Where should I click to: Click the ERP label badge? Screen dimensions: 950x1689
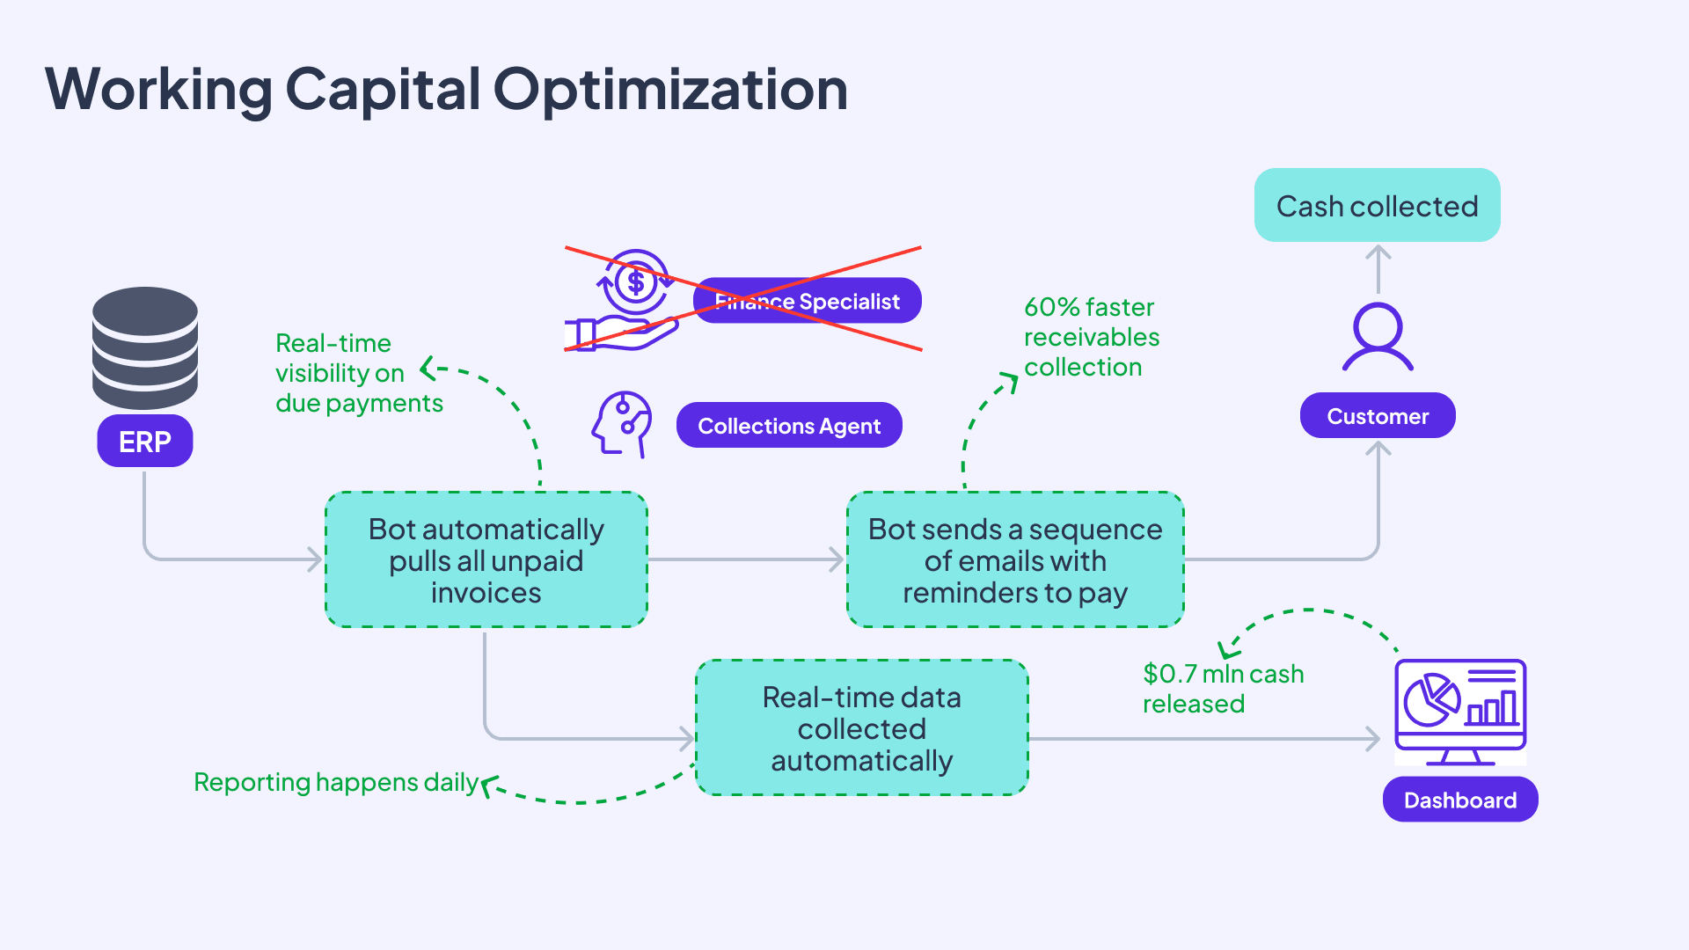[x=144, y=441]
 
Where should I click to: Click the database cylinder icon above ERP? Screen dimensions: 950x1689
[x=144, y=347]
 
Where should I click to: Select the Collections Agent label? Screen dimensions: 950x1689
[x=788, y=426]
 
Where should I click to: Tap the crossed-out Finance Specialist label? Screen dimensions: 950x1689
[x=807, y=302]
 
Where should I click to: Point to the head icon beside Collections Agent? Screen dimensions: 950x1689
[x=623, y=424]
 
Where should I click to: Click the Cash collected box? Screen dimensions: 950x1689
[x=1377, y=206]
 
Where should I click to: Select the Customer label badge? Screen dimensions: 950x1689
[x=1377, y=416]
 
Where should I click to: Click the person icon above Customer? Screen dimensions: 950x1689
[x=1377, y=337]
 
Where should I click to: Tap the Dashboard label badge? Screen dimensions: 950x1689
[x=1459, y=800]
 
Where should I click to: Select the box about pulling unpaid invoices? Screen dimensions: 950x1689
[x=486, y=560]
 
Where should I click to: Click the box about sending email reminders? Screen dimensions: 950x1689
[x=1014, y=560]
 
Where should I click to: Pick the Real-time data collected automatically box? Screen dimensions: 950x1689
[x=861, y=728]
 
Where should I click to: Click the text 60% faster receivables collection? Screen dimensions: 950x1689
[x=1091, y=337]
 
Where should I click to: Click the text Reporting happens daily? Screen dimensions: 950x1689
[x=335, y=782]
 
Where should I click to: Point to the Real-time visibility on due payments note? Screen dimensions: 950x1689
[x=358, y=373]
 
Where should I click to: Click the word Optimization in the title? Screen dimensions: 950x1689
[x=669, y=89]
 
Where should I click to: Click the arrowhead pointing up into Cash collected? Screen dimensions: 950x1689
[x=1378, y=252]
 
